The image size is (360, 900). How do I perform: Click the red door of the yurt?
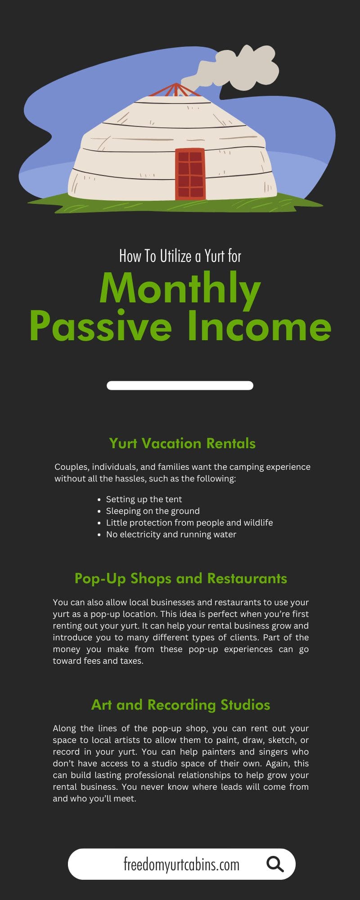[190, 174]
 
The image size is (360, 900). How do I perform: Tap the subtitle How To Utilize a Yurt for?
[180, 256]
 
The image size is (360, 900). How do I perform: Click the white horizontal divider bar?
[180, 385]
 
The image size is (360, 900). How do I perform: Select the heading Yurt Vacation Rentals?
[182, 443]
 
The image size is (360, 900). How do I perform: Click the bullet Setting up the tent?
[144, 499]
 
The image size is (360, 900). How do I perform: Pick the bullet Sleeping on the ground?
[153, 511]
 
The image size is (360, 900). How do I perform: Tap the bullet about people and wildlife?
[189, 522]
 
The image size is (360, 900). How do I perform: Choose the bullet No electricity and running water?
[171, 534]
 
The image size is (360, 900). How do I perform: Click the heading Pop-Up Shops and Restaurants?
[180, 578]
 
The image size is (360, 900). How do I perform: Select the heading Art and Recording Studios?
[180, 704]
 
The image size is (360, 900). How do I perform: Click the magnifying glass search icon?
[274, 864]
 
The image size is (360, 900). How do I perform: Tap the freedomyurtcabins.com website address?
[181, 864]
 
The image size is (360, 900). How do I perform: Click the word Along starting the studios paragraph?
[65, 728]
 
